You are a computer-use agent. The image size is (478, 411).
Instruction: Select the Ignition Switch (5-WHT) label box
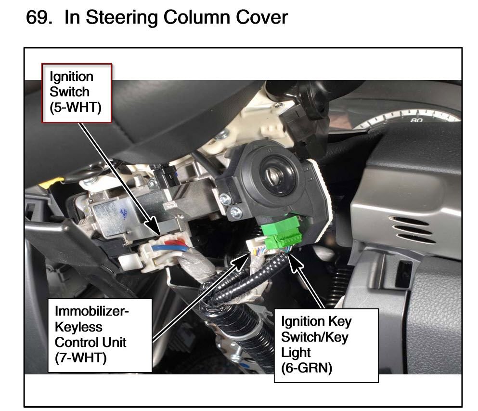click(x=77, y=93)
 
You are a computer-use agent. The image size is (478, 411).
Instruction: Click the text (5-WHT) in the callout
click(x=75, y=107)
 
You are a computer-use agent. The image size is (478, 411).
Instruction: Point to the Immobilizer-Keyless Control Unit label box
click(x=100, y=335)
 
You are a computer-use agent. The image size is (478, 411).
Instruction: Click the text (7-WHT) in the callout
click(x=80, y=358)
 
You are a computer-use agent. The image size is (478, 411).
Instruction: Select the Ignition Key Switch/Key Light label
click(x=326, y=345)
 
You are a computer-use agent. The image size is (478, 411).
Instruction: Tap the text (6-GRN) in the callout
click(x=306, y=368)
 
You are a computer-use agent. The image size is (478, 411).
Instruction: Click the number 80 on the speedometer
click(x=416, y=120)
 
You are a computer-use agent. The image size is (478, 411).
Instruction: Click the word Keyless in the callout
click(x=78, y=327)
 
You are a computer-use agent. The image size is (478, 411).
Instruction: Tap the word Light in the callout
click(x=296, y=352)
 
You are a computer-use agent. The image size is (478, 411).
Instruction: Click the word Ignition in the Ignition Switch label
click(x=71, y=77)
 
